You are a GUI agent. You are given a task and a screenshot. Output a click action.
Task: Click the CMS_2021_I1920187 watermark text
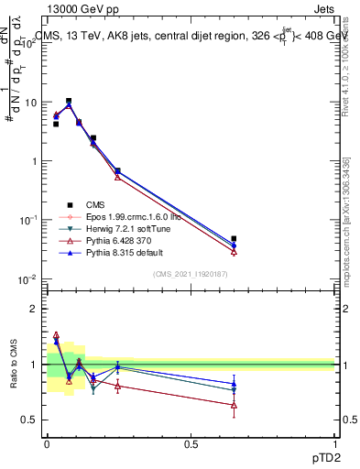(191, 274)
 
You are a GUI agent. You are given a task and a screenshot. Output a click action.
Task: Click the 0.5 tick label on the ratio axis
(31, 420)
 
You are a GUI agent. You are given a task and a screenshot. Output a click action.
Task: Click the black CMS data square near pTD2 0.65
(234, 238)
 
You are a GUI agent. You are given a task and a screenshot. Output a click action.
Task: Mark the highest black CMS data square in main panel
(69, 101)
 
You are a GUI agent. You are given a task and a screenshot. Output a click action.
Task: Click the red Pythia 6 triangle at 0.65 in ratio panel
(234, 405)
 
